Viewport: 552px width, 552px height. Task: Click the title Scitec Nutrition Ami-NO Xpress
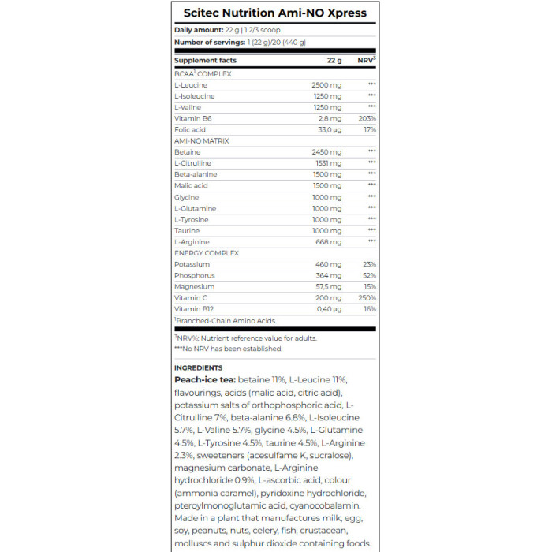[275, 13]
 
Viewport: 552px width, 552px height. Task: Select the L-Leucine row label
[190, 84]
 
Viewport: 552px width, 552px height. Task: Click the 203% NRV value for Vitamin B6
[367, 118]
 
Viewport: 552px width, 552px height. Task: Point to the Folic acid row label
[190, 129]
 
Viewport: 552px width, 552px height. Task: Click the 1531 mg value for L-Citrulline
[328, 163]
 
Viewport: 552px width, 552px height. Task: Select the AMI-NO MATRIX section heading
[201, 140]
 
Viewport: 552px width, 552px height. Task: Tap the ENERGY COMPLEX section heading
[206, 253]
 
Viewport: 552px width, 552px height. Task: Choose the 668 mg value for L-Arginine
[330, 242]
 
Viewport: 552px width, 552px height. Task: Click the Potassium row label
[192, 265]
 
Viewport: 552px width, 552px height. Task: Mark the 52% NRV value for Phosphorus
[369, 276]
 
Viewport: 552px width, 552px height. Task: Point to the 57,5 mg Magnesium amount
[328, 287]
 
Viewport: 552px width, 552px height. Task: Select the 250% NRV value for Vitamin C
[367, 299]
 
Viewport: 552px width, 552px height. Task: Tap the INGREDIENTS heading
[198, 367]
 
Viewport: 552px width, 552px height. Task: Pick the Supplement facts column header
[205, 60]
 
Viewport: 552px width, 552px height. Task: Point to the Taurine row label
[187, 231]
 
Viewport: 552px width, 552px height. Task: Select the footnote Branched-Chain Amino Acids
[228, 321]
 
